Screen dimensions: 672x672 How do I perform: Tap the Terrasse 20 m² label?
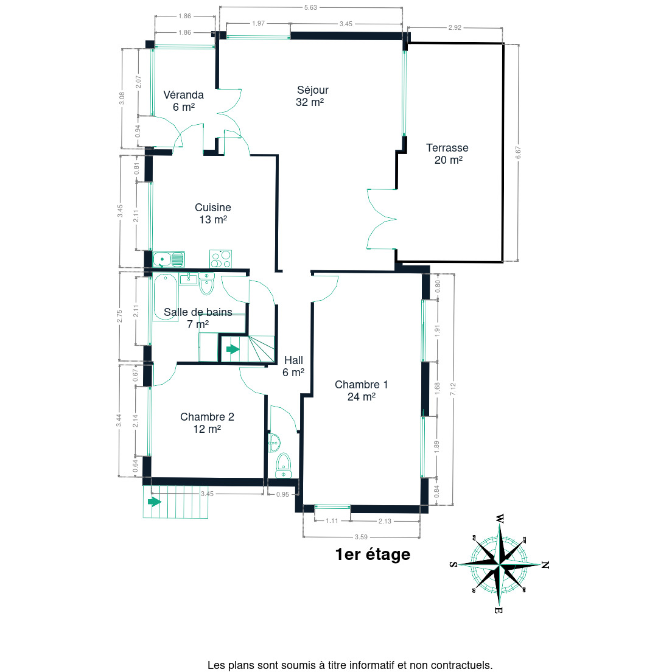pos(447,154)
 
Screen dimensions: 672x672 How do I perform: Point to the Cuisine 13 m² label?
pos(213,214)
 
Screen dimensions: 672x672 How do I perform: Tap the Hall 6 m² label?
pos(293,366)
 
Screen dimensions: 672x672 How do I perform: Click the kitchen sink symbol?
pos(169,259)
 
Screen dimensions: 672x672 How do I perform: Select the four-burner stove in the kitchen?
pos(221,259)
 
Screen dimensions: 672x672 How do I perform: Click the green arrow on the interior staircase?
pos(233,349)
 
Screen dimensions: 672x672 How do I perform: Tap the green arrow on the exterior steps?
pos(154,502)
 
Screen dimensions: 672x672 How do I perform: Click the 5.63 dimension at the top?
pos(310,7)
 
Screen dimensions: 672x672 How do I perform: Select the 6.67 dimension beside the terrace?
pos(518,153)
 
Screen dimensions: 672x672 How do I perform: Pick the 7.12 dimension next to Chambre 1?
pos(453,389)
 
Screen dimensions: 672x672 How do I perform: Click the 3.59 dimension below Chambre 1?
pos(362,537)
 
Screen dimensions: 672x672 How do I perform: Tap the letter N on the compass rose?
pos(545,565)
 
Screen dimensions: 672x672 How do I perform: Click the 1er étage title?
pos(373,554)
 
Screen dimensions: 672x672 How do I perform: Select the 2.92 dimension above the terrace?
pos(455,27)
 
